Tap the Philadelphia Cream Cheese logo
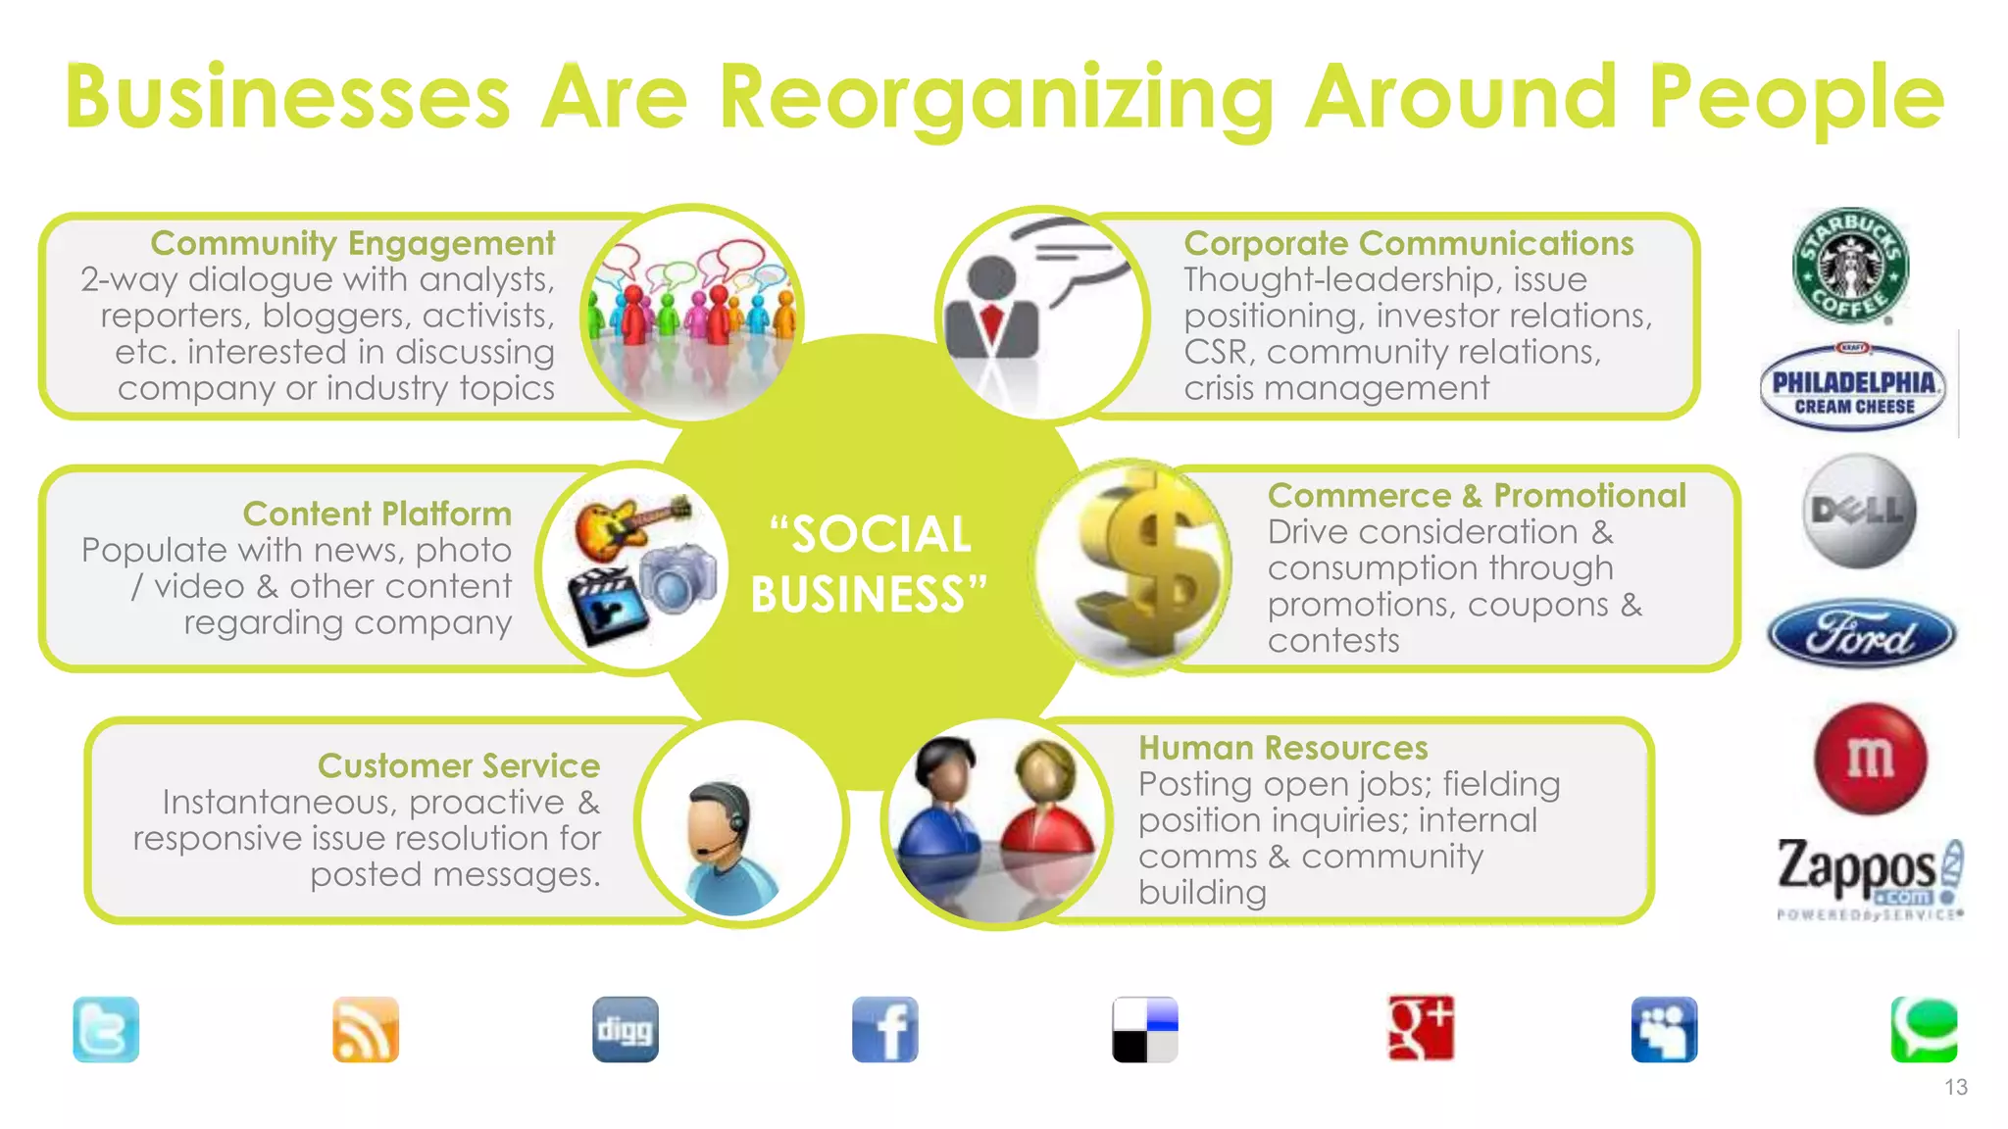tap(1853, 388)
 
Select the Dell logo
tap(1859, 512)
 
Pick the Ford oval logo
tap(1861, 634)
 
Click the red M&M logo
tap(1870, 758)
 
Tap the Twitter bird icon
tap(106, 1029)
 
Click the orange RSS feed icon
tap(366, 1029)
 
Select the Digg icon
tap(626, 1029)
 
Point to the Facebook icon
tap(884, 1029)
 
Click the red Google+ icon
tap(1421, 1028)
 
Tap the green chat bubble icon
tap(1924, 1029)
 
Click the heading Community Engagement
tap(352, 243)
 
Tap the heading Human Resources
tap(1282, 748)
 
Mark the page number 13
tap(1956, 1087)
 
